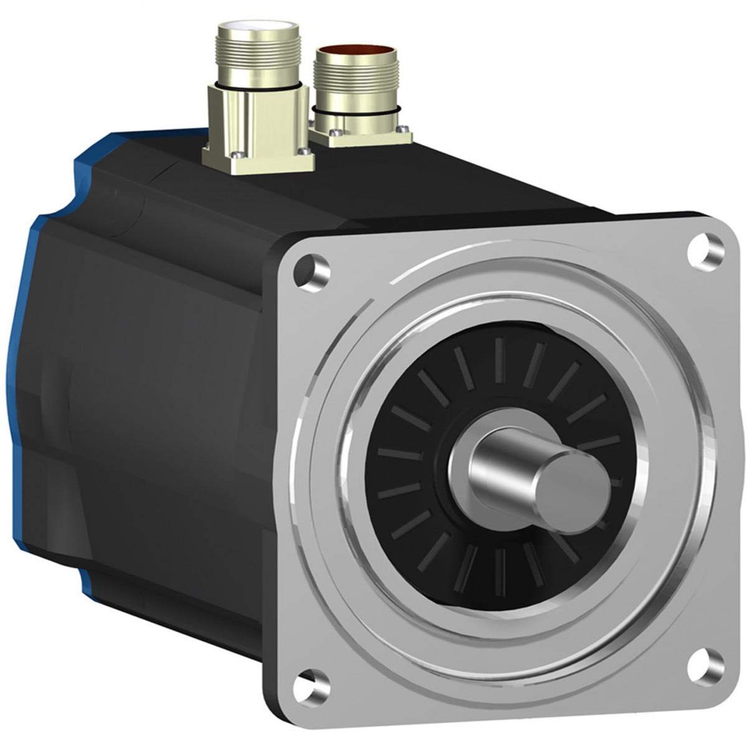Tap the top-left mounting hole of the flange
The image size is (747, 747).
pyautogui.click(x=310, y=268)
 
